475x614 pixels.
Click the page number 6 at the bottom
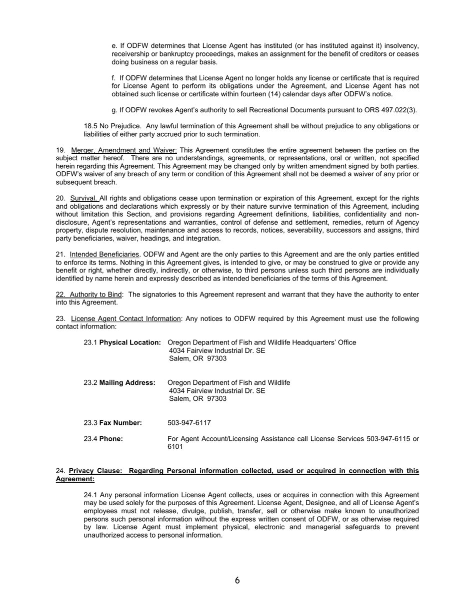pyautogui.click(x=237, y=580)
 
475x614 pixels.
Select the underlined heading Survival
pyautogui.click(x=84, y=198)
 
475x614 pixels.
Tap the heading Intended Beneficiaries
pyautogui.click(x=104, y=255)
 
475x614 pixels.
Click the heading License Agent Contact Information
pyautogui.click(x=125, y=318)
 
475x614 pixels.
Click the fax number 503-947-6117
pyautogui.click(x=189, y=423)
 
